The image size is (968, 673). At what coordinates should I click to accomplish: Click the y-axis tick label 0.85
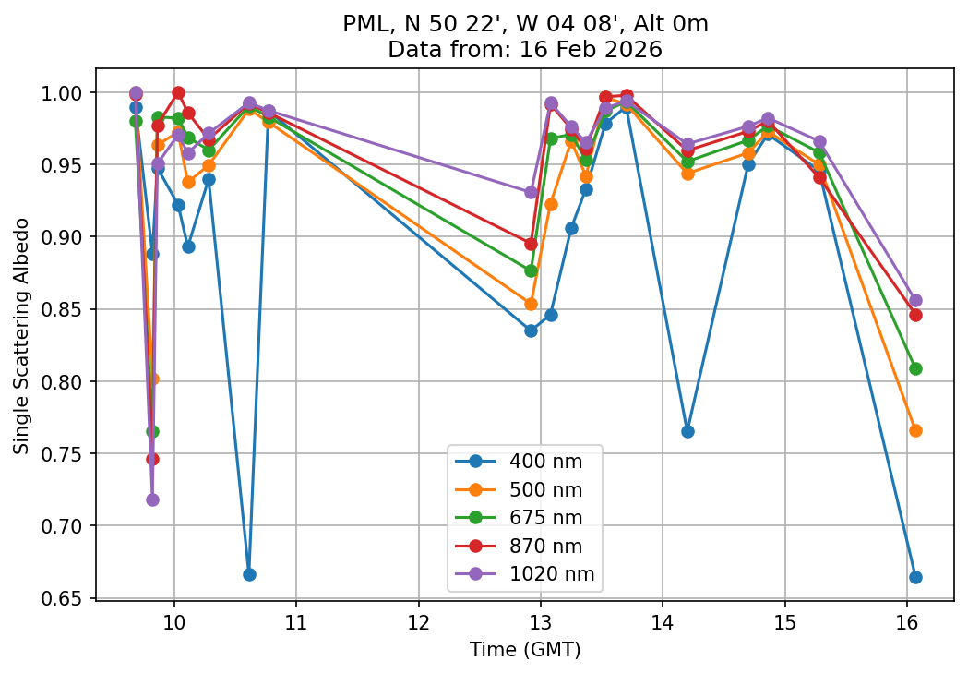pyautogui.click(x=65, y=309)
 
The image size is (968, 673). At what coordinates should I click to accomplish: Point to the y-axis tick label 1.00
pyautogui.click(x=65, y=93)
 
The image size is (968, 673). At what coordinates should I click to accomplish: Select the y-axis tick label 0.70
pyautogui.click(x=65, y=526)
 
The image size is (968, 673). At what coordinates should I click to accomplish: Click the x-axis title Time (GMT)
pyautogui.click(x=524, y=650)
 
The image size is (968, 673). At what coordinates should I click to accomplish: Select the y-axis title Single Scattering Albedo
pyautogui.click(x=21, y=336)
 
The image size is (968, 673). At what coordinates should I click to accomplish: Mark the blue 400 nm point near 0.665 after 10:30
pyautogui.click(x=249, y=574)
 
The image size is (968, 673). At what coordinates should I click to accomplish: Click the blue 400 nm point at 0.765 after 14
pyautogui.click(x=687, y=431)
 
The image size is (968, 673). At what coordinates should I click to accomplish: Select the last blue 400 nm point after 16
pyautogui.click(x=915, y=577)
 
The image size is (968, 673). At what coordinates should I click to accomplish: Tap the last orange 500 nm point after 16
pyautogui.click(x=915, y=430)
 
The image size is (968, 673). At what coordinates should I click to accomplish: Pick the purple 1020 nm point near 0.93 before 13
pyautogui.click(x=531, y=192)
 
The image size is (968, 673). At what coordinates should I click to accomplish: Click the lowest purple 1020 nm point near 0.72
pyautogui.click(x=152, y=499)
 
